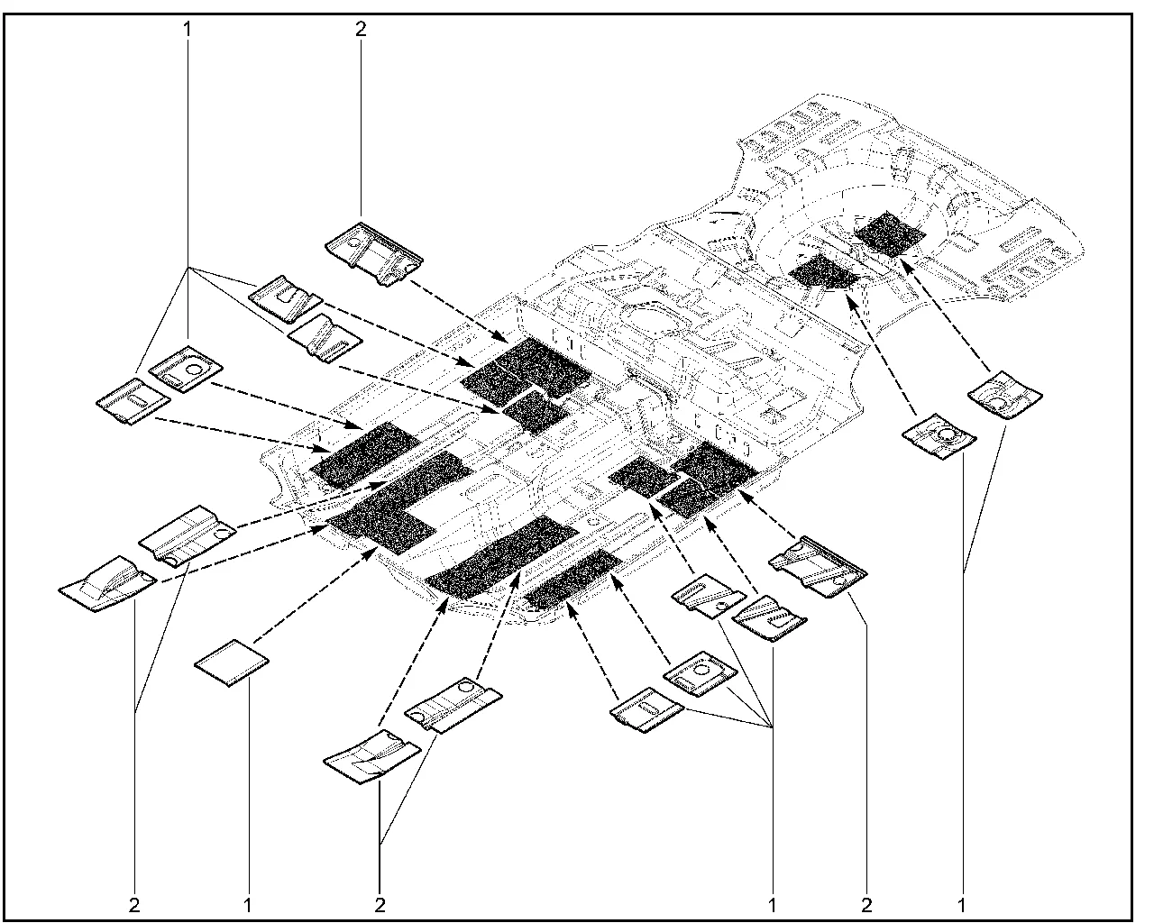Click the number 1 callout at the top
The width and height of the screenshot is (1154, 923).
188,29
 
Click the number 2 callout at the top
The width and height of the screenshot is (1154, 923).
361,29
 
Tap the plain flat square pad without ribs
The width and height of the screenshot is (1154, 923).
233,663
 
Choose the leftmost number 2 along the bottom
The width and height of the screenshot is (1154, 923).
134,901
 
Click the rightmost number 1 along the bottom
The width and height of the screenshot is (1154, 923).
962,901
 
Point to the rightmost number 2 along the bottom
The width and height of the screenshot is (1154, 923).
867,901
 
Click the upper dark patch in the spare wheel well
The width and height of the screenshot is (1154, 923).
890,233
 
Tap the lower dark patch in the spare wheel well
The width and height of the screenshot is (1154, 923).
824,271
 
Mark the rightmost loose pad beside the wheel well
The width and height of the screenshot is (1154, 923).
1004,393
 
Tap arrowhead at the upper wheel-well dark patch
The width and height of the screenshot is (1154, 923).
903,260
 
